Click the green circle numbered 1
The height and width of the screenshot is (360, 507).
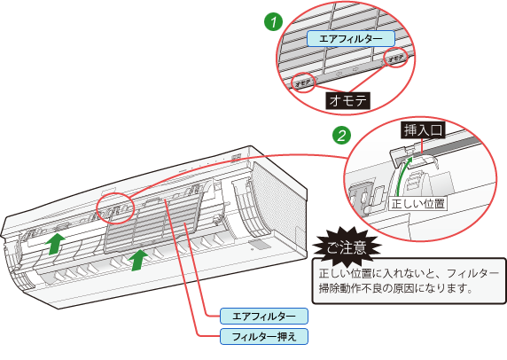pos(274,22)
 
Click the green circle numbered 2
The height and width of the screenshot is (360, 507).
pos(342,135)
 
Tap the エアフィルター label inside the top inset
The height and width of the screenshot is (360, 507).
pos(351,39)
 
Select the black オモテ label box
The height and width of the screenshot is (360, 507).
pos(348,101)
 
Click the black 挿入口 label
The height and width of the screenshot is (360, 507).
pos(423,130)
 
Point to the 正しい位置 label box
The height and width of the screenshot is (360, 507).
pos(417,204)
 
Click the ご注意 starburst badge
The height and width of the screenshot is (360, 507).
pos(347,247)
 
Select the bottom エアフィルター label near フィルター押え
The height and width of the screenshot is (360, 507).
pos(264,316)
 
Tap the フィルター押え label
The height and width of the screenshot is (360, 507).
pos(264,337)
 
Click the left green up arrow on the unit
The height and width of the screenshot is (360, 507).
pos(56,243)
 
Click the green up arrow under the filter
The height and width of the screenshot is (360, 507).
pos(138,260)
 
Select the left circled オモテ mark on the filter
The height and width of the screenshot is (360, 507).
pos(302,83)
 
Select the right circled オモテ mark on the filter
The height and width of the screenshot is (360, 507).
pos(395,58)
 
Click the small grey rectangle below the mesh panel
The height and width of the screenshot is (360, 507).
pos(260,244)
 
